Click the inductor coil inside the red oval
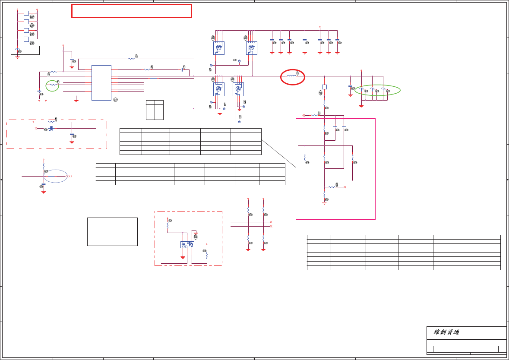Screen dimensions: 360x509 coord(292,76)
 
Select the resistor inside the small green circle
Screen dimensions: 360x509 coord(52,85)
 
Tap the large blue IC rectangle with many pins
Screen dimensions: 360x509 coord(101,83)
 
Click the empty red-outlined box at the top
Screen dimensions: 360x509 coord(132,11)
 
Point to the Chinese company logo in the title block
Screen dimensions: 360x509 coord(446,332)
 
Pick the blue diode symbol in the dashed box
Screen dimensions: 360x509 coord(51,128)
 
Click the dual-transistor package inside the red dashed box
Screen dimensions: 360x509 coord(187,245)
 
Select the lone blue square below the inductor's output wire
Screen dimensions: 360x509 coord(324,87)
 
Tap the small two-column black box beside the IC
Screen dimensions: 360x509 coord(155,110)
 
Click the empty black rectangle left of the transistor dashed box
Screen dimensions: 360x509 coord(112,232)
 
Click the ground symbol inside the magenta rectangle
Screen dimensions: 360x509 coord(324,202)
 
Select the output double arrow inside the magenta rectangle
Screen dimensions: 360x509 coord(345,187)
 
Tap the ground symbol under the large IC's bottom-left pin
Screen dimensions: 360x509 coord(76,100)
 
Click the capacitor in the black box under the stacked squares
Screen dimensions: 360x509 coord(17,49)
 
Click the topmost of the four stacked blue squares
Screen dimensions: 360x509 coord(26,13)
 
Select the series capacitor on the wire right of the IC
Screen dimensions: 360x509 coord(182,69)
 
